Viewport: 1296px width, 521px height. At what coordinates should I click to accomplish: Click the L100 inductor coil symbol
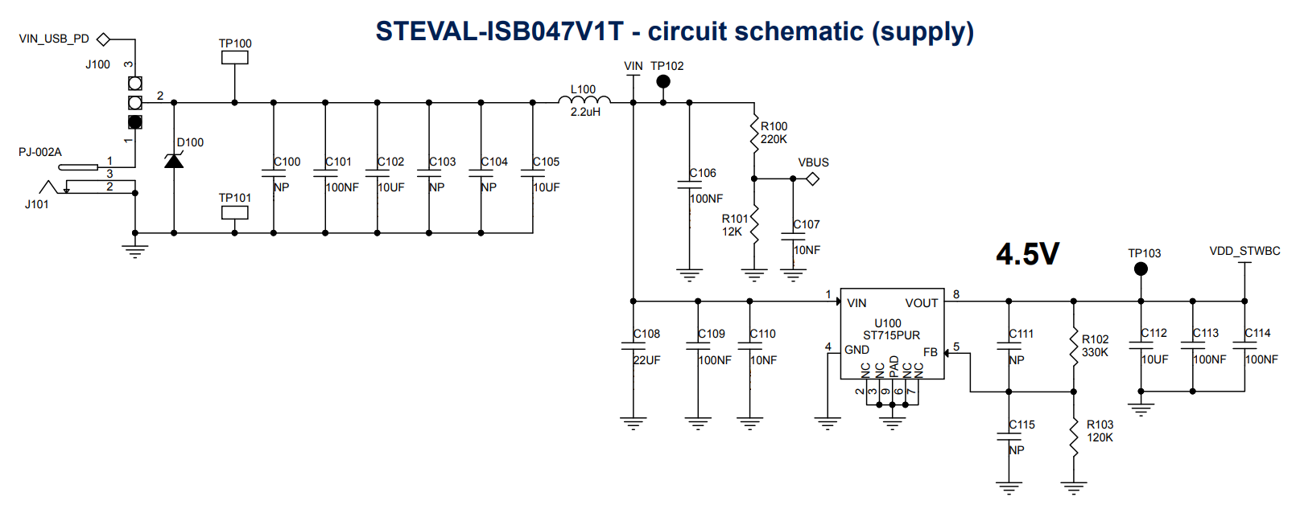pyautogui.click(x=584, y=100)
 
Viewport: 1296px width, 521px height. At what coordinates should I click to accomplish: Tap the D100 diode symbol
pyautogui.click(x=174, y=161)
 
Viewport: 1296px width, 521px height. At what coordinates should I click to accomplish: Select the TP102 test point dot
pyautogui.click(x=663, y=81)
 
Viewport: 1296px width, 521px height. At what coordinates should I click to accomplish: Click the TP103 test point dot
pyautogui.click(x=1141, y=269)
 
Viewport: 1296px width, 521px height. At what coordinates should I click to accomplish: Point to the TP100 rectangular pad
pyautogui.click(x=235, y=57)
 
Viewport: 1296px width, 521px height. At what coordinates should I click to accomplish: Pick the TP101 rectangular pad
pyautogui.click(x=235, y=212)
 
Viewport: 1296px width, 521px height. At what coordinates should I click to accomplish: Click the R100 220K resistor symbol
pyautogui.click(x=754, y=133)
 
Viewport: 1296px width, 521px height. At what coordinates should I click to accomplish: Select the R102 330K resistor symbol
pyautogui.click(x=1074, y=347)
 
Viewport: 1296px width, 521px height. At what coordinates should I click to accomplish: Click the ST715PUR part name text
pyautogui.click(x=891, y=335)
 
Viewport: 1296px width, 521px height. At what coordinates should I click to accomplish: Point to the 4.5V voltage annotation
pyautogui.click(x=1027, y=254)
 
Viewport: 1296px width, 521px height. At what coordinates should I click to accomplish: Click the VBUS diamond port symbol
pyautogui.click(x=813, y=178)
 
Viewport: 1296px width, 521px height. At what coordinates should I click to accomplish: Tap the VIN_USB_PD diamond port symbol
pyautogui.click(x=103, y=39)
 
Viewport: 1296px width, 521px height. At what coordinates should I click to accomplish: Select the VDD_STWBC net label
pyautogui.click(x=1244, y=251)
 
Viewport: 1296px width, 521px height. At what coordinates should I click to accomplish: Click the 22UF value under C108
pyautogui.click(x=646, y=360)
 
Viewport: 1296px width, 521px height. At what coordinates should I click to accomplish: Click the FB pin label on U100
pyautogui.click(x=931, y=352)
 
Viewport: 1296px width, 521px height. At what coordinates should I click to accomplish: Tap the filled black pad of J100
pyautogui.click(x=135, y=122)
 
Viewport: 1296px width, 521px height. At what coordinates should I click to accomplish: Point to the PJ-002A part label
pyautogui.click(x=40, y=152)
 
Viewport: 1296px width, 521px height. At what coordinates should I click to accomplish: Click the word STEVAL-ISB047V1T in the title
pyautogui.click(x=499, y=31)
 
